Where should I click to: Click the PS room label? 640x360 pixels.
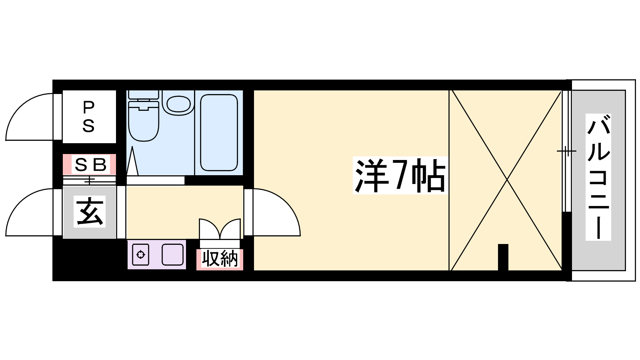88,117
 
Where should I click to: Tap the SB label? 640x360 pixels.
90,165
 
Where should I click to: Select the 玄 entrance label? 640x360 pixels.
90,212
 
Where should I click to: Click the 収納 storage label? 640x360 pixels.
220,259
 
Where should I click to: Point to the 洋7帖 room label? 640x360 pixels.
400,176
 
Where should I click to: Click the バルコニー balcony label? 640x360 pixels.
598,177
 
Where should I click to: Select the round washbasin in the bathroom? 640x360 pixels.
178,104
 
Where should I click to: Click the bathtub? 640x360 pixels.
219,132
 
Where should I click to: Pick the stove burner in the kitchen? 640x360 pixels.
140,254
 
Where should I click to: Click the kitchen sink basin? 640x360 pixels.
172,254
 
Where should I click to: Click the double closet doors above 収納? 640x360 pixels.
220,229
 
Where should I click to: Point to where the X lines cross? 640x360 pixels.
507,180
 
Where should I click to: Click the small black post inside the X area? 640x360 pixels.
503,257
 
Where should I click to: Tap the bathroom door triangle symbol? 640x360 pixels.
132,161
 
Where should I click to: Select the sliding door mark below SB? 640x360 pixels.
90,180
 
